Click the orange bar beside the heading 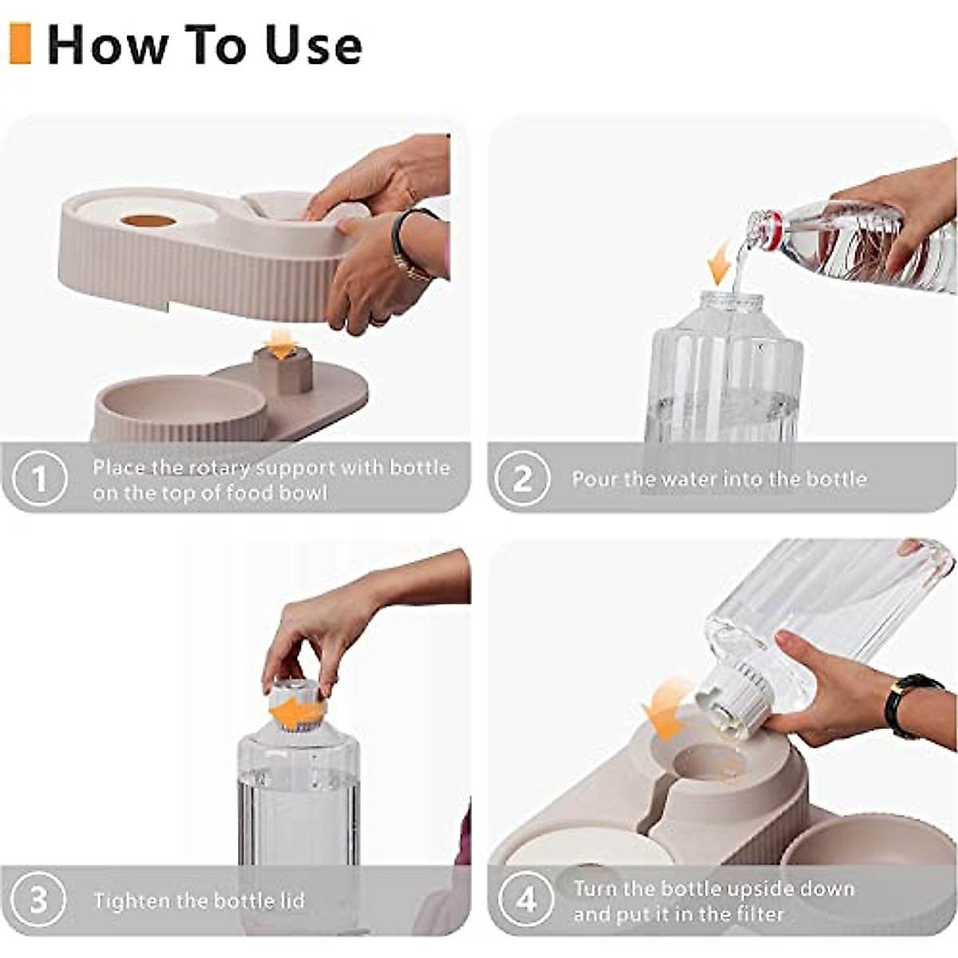pos(20,43)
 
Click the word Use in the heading pos(314,46)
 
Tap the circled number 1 pos(39,479)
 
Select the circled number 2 pos(522,479)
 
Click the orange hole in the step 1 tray pos(148,220)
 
